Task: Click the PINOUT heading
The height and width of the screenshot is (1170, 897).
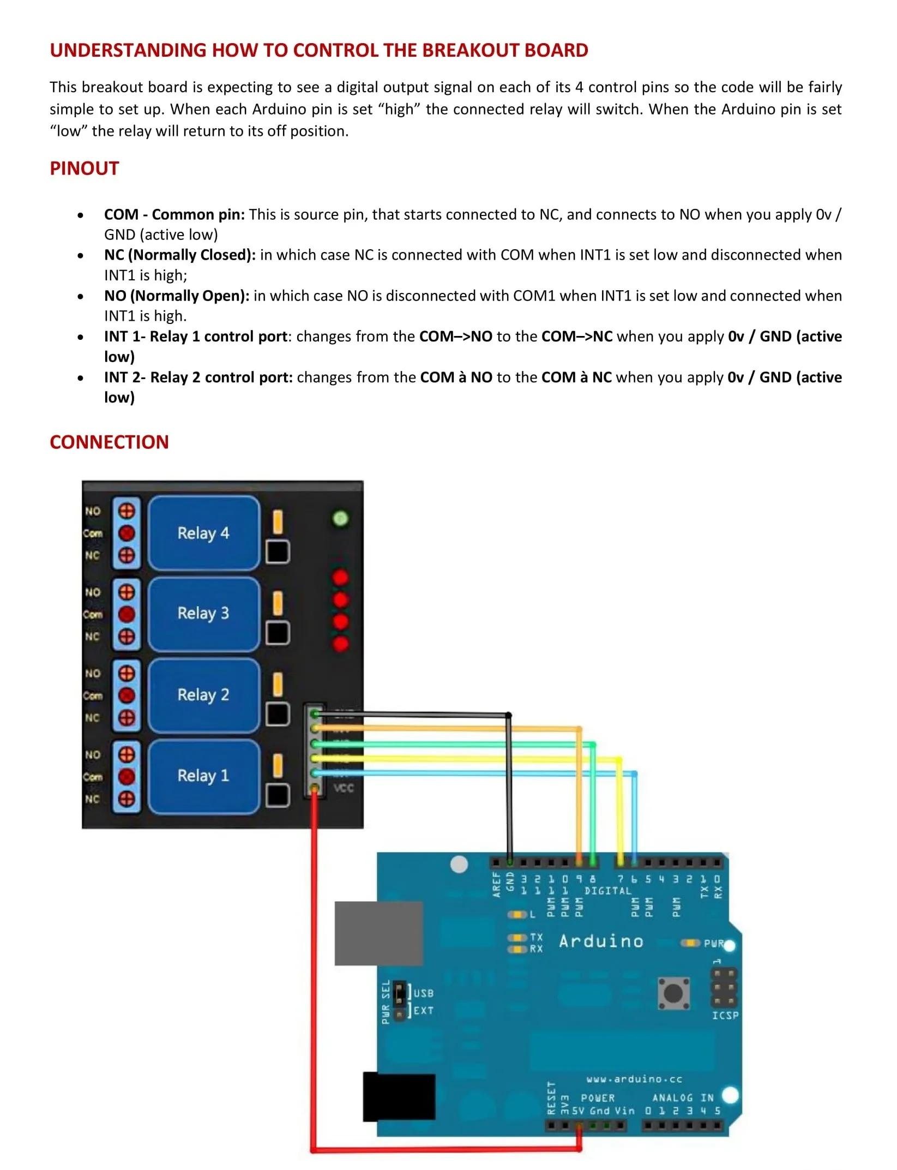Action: [84, 169]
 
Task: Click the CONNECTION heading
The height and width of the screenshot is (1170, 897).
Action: [109, 442]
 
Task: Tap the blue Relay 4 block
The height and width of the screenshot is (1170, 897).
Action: [203, 533]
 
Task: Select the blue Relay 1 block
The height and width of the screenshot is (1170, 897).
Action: [203, 776]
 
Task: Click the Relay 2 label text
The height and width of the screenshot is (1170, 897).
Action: [203, 694]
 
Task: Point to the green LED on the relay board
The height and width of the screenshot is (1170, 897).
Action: [340, 518]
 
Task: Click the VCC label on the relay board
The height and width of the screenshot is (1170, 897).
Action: [344, 788]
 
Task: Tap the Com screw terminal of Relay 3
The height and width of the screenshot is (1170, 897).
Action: [127, 614]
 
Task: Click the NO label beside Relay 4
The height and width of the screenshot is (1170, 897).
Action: [93, 511]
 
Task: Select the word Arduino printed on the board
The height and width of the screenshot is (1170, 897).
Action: [601, 941]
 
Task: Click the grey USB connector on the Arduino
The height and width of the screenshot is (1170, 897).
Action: [378, 933]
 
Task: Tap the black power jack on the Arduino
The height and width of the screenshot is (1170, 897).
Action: [399, 1096]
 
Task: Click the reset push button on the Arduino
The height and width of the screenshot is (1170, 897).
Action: [673, 993]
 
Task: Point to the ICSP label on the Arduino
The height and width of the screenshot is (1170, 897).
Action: [725, 1015]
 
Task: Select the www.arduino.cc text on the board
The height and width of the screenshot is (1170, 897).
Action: [634, 1079]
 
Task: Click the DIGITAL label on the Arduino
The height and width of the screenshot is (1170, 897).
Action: [607, 891]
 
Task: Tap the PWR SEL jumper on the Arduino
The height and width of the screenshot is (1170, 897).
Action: [400, 1001]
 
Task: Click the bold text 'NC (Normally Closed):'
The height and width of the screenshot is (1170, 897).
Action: [180, 255]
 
